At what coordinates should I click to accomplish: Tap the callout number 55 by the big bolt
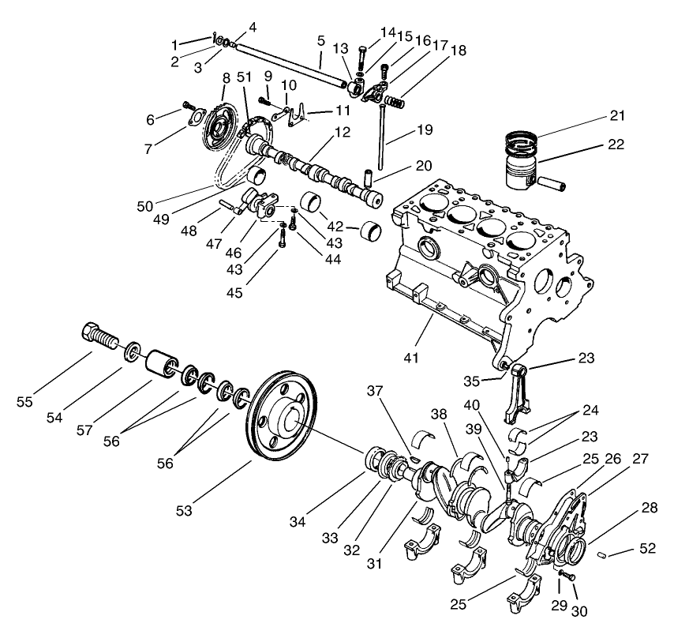26,402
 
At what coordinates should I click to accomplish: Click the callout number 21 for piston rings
616,115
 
